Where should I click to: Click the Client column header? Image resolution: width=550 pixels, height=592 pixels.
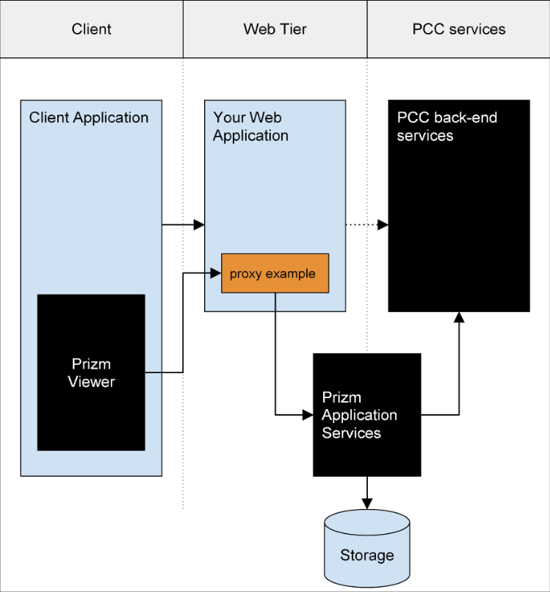[91, 29]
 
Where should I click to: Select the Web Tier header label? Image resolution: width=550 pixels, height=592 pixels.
[275, 29]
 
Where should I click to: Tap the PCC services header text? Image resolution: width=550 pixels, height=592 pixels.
[459, 29]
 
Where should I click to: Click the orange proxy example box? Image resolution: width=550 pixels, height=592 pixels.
[275, 273]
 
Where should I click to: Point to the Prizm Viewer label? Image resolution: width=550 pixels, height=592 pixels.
[91, 372]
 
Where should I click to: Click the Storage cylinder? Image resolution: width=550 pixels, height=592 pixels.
[367, 548]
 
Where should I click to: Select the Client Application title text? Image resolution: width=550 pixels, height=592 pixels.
[89, 118]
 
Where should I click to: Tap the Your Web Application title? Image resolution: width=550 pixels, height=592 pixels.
[250, 126]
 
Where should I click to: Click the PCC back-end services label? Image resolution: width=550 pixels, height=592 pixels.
[447, 126]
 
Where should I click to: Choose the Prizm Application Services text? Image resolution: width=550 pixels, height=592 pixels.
[359, 415]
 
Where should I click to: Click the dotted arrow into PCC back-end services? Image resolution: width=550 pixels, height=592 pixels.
[367, 225]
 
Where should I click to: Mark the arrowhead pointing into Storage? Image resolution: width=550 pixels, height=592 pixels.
[367, 504]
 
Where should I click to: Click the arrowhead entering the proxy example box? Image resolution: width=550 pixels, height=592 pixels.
[216, 273]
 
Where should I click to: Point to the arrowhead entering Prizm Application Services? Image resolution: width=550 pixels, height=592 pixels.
[308, 415]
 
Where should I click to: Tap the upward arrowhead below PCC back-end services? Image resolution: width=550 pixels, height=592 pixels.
[459, 317]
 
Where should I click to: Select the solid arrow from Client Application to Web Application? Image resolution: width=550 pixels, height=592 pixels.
[183, 225]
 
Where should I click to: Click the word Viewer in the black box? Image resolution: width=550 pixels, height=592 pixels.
[91, 382]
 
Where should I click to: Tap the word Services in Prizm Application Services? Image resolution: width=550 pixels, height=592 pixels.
[351, 433]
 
